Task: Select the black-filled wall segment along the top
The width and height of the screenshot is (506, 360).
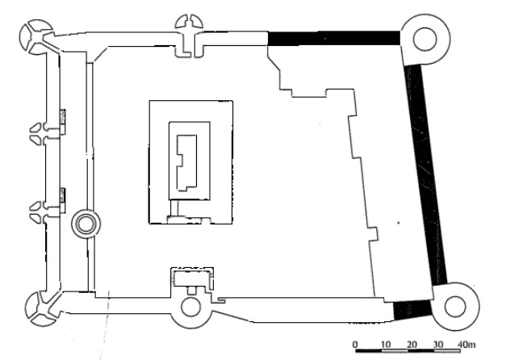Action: [334, 39]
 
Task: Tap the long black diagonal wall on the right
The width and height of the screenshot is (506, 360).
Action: [425, 174]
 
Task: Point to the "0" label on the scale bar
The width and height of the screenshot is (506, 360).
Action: [355, 344]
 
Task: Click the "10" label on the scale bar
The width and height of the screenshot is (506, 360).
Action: [386, 344]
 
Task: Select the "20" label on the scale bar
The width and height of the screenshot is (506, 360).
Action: [412, 344]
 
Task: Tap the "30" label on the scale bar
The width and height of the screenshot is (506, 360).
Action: [438, 344]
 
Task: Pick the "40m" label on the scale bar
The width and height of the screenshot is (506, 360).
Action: [466, 344]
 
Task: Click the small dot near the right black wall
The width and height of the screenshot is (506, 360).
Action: [399, 223]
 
